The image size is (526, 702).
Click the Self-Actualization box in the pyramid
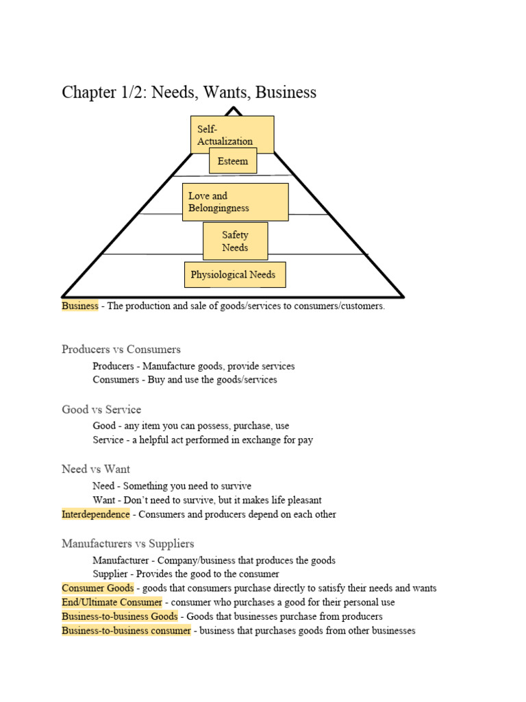pyautogui.click(x=232, y=130)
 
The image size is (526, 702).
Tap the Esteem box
pyautogui.click(x=233, y=161)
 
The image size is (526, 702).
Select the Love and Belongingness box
pyautogui.click(x=235, y=202)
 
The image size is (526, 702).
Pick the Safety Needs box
pyautogui.click(x=235, y=241)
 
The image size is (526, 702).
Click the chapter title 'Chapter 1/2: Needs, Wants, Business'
pyautogui.click(x=189, y=92)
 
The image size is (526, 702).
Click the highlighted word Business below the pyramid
pyautogui.click(x=80, y=306)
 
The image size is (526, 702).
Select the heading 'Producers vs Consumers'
pyautogui.click(x=121, y=349)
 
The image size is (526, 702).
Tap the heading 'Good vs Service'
pyautogui.click(x=101, y=409)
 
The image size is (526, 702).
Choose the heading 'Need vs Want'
pyautogui.click(x=96, y=469)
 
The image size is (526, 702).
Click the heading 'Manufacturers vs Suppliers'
pyautogui.click(x=128, y=544)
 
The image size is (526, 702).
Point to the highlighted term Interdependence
pyautogui.click(x=95, y=514)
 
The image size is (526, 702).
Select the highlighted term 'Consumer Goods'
pyautogui.click(x=98, y=588)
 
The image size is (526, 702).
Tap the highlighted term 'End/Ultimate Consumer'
pyautogui.click(x=112, y=602)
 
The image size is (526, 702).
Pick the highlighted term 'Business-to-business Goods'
pyautogui.click(x=120, y=616)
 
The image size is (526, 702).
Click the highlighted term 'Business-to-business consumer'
pyautogui.click(x=126, y=630)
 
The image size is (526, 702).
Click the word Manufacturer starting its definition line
pyautogui.click(x=119, y=560)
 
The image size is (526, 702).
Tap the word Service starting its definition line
pyautogui.click(x=108, y=439)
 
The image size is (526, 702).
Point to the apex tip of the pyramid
pyautogui.click(x=234, y=108)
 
